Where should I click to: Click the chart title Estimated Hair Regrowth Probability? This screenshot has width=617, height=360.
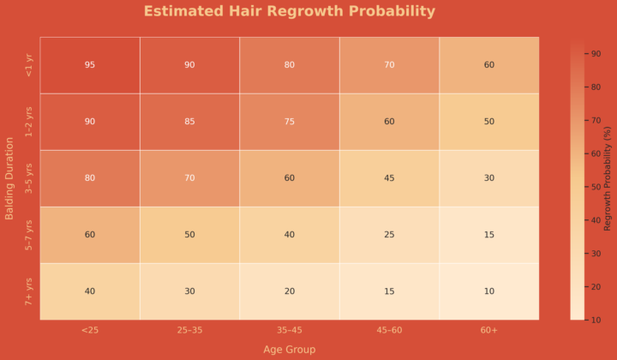[289, 12]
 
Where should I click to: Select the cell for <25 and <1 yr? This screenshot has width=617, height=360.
[90, 65]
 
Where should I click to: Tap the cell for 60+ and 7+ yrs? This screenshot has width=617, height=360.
[488, 291]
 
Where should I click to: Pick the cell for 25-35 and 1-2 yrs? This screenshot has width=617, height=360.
[189, 122]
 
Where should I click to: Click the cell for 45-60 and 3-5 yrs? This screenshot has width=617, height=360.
[389, 178]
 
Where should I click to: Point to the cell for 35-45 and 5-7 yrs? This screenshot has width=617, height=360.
[289, 235]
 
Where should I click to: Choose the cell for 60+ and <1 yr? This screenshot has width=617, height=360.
[488, 65]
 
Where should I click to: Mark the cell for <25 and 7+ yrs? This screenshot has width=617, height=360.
[90, 291]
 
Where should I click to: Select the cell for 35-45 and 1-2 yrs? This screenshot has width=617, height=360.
[289, 122]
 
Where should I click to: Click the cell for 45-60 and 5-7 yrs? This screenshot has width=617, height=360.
[389, 235]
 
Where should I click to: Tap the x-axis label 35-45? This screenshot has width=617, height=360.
[289, 330]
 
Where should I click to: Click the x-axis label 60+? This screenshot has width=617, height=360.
[488, 330]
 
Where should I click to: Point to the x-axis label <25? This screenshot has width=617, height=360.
[90, 330]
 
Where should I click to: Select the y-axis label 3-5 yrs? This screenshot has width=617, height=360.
[29, 178]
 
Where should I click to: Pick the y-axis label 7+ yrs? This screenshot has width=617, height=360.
[29, 291]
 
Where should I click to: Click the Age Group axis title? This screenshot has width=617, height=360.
[289, 349]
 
